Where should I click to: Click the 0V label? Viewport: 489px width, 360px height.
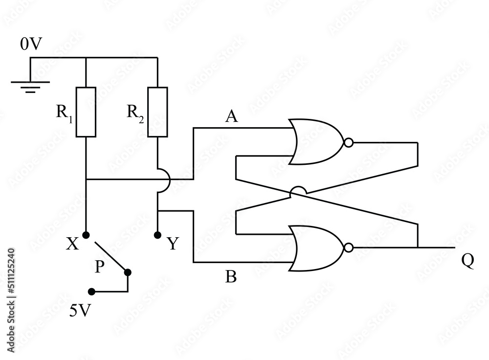coord(31,45)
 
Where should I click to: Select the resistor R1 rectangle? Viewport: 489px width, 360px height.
coord(86,112)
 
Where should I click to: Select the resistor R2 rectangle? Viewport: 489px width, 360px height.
coord(157,112)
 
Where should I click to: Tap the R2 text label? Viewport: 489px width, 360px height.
coord(135,113)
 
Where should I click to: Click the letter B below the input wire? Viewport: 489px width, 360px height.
coord(231,277)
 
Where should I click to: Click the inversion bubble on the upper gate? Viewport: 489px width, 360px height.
coord(348,142)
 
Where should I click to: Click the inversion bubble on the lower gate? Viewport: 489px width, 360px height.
coord(348,248)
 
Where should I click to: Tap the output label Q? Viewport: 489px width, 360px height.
coord(467,261)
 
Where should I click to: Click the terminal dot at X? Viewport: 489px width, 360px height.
coord(86,235)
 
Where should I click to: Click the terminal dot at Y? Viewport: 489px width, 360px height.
coord(157,235)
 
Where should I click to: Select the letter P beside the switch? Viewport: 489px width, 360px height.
coord(99,267)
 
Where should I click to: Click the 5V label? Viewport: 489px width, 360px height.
coord(80,311)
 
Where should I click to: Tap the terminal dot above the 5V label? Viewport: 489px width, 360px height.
coord(91,292)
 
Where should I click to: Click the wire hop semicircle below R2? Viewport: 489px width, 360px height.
coord(163,180)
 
